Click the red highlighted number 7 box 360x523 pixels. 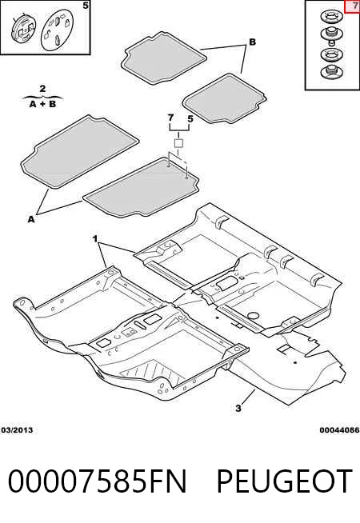tap(352, 6)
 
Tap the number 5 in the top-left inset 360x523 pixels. tap(86, 6)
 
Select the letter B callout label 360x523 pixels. tap(252, 42)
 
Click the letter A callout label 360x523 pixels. tap(31, 219)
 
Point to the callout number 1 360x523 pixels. tap(95, 239)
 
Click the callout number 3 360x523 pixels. tap(238, 409)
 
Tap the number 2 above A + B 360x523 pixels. tap(42, 89)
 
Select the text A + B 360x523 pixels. tap(42, 104)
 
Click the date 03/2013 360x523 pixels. tap(17, 430)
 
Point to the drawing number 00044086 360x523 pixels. tap(340, 430)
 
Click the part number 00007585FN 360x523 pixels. tap(97, 481)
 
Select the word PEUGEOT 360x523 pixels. tap(284, 481)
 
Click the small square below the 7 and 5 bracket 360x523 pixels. tap(179, 143)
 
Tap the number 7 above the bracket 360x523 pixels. tap(170, 118)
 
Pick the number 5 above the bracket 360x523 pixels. tap(190, 118)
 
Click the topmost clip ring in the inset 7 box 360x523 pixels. tap(332, 17)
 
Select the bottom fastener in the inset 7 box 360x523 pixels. tap(332, 73)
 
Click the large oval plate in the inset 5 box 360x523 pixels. tap(57, 30)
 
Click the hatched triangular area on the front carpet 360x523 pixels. tap(154, 372)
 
